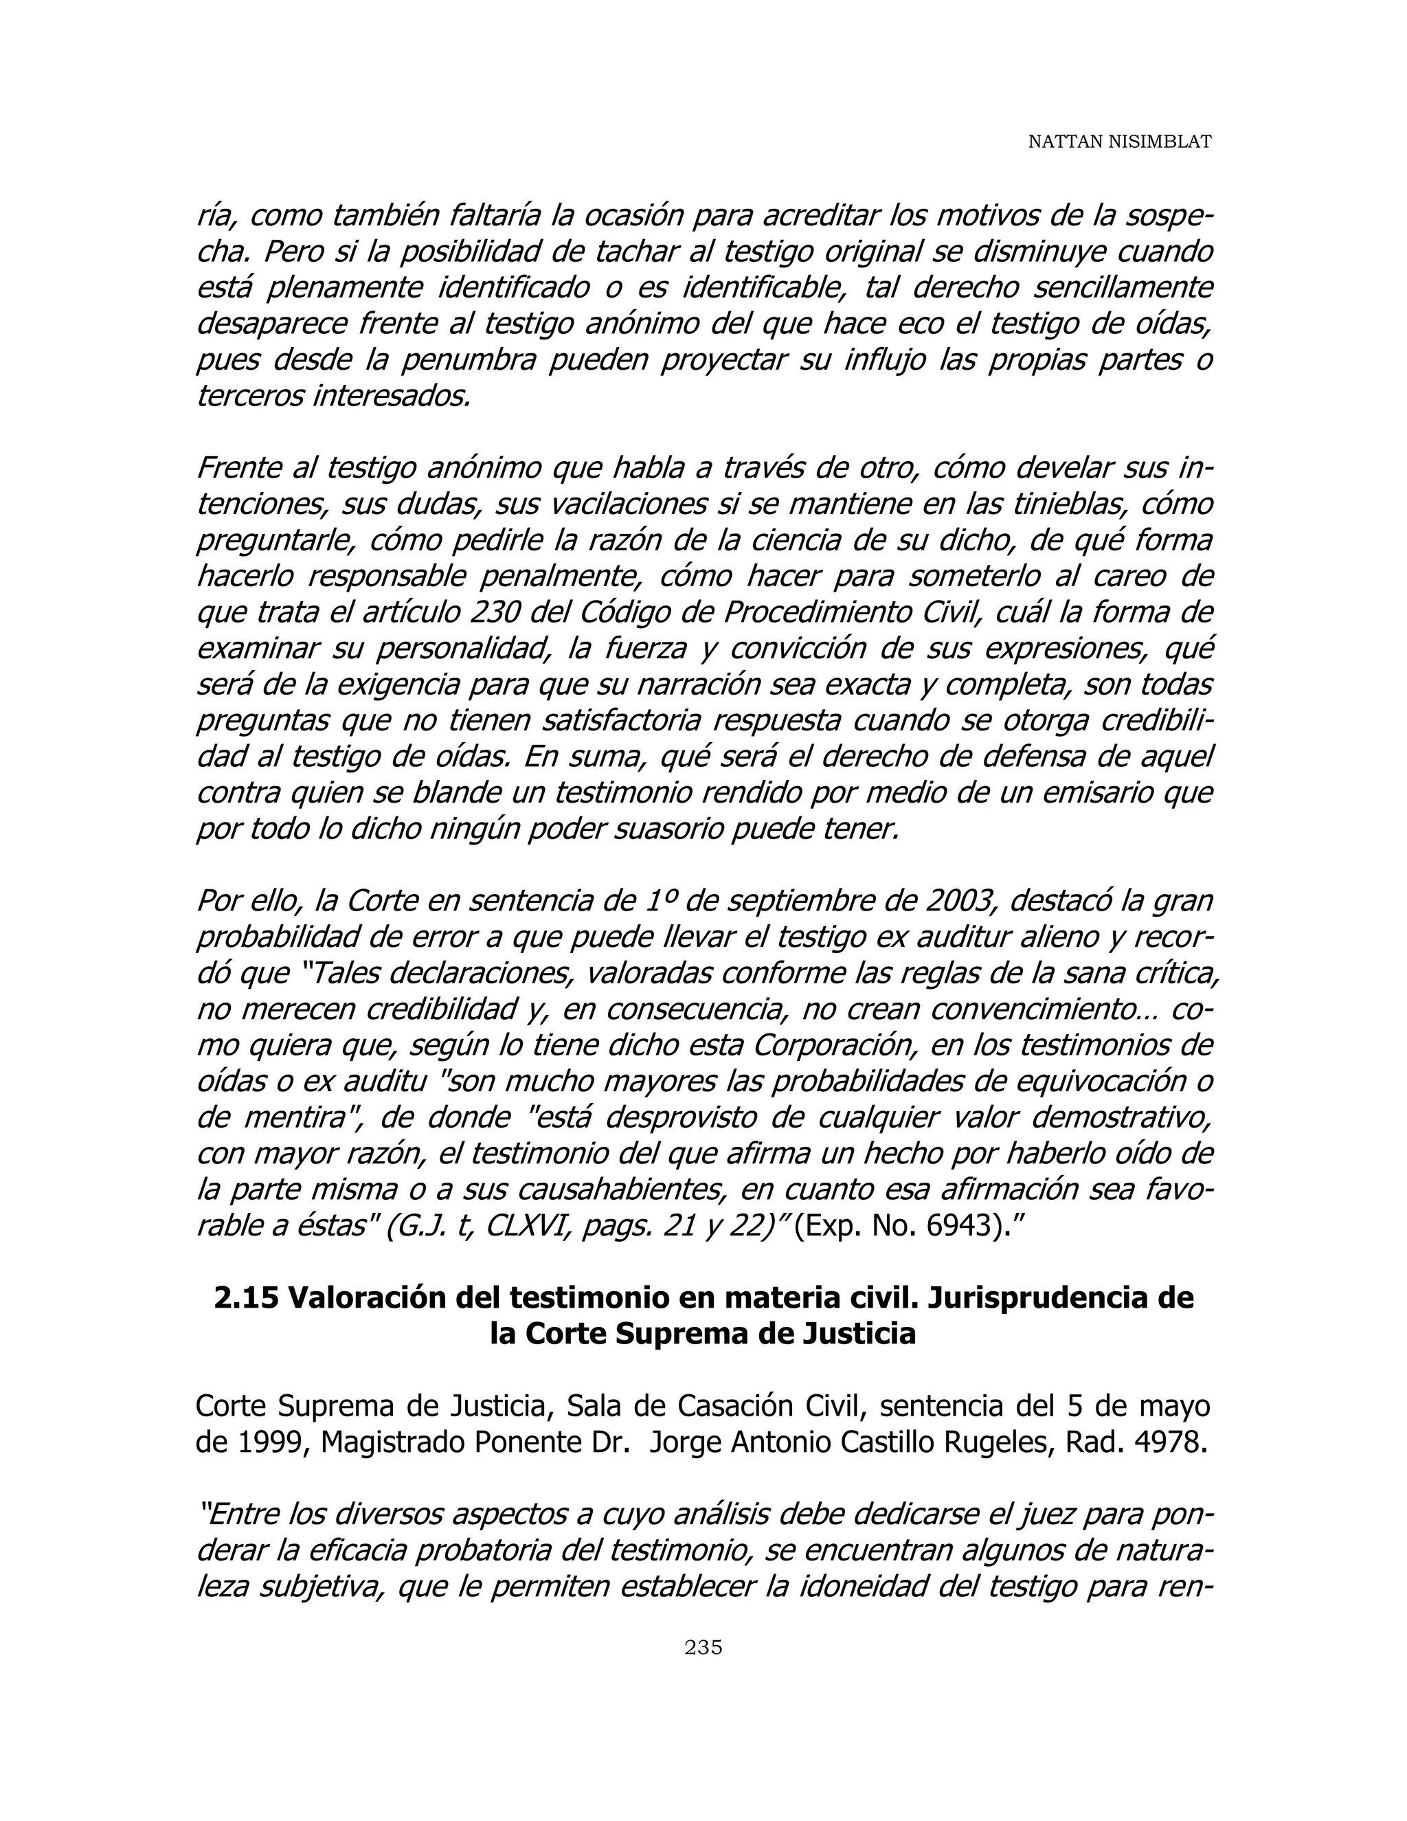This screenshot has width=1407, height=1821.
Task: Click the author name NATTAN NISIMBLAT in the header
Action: [x=1118, y=142]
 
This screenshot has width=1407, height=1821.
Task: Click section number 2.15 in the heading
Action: [x=245, y=1298]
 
